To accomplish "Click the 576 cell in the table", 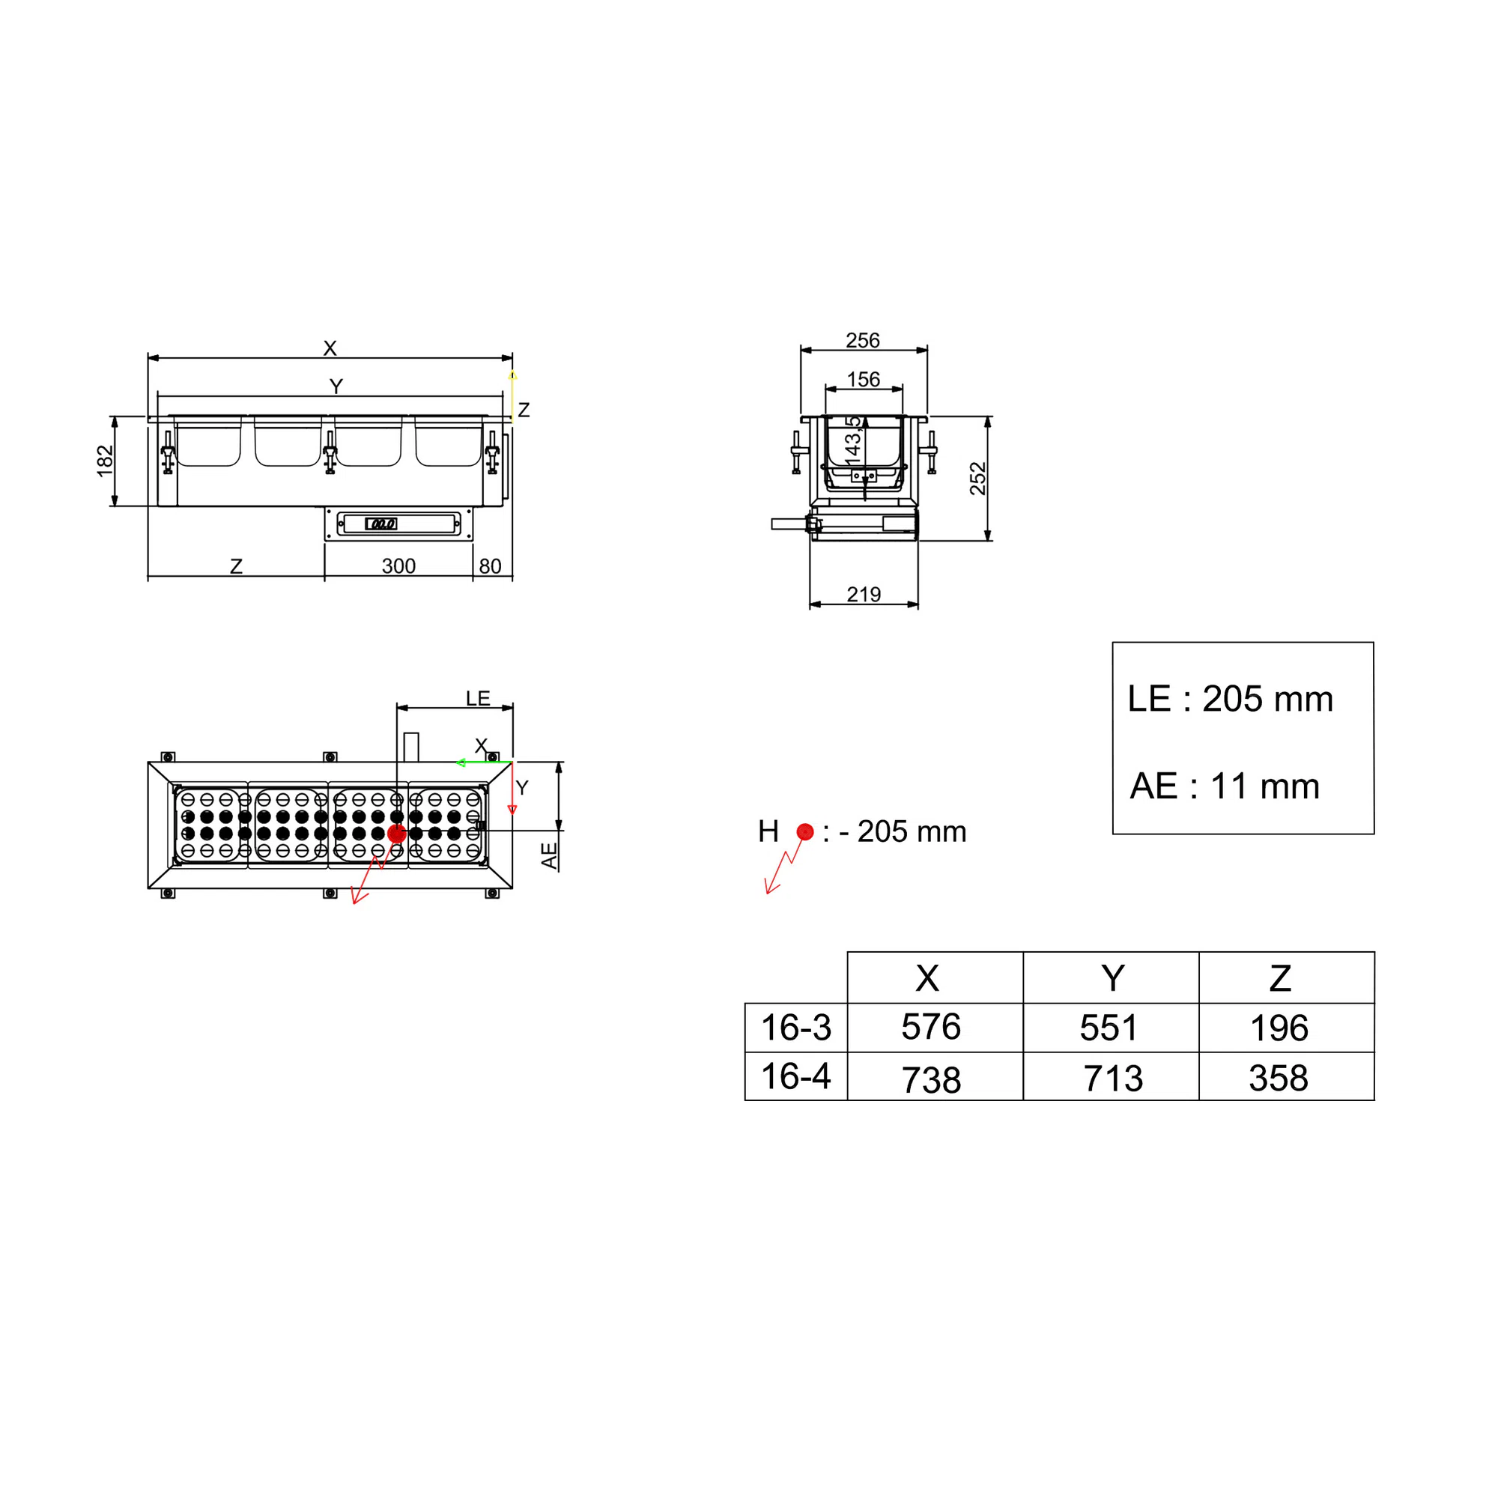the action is pyautogui.click(x=930, y=1027).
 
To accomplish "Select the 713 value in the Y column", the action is pyautogui.click(x=1113, y=1078).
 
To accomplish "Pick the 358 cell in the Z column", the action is pyautogui.click(x=1279, y=1078).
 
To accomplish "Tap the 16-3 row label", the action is pyautogui.click(x=795, y=1028).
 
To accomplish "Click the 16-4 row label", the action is pyautogui.click(x=795, y=1076).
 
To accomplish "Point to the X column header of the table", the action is pyautogui.click(x=927, y=977).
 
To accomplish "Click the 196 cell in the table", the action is pyautogui.click(x=1279, y=1028).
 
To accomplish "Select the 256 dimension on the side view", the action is pyautogui.click(x=863, y=340).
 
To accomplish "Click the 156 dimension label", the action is pyautogui.click(x=864, y=379).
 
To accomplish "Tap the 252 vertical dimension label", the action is pyautogui.click(x=977, y=479).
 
